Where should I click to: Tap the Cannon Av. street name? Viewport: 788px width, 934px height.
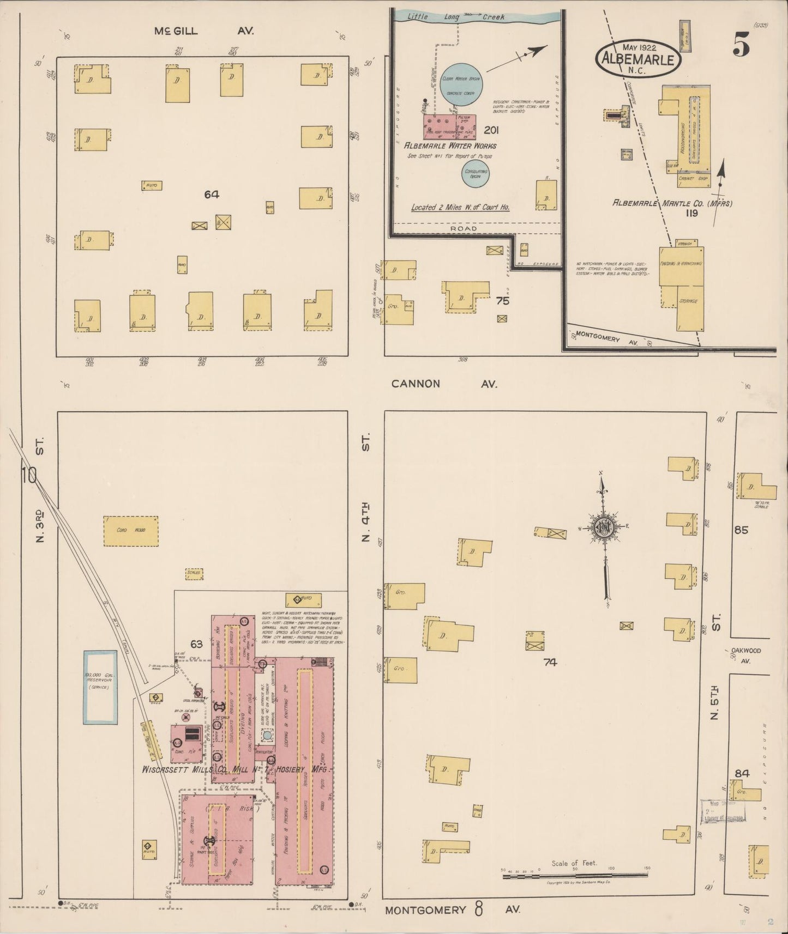(444, 384)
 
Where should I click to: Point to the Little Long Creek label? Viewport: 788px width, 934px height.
(456, 17)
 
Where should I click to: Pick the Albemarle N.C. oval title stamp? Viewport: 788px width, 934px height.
(638, 57)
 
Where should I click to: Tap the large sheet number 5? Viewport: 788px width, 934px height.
(741, 45)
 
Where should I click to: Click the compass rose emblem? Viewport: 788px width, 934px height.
(605, 527)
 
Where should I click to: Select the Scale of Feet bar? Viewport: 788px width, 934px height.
(575, 876)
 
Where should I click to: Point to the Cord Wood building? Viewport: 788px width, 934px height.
(131, 530)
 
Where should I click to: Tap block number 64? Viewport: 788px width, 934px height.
(212, 195)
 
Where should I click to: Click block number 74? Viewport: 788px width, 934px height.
(550, 662)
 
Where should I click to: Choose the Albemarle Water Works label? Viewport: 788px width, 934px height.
(449, 146)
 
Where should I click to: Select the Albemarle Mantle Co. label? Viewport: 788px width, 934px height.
(672, 203)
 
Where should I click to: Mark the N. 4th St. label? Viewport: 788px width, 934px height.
(365, 518)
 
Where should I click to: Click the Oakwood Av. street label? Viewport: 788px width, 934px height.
(747, 655)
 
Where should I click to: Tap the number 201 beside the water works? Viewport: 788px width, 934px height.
(491, 130)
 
